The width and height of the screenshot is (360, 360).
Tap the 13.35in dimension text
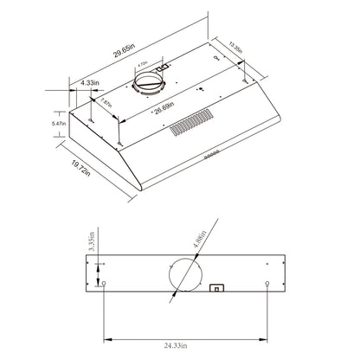pyautogui.click(x=239, y=45)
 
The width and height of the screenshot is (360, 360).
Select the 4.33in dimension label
pyautogui.click(x=88, y=82)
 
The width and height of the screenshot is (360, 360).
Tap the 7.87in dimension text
pyautogui.click(x=106, y=105)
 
